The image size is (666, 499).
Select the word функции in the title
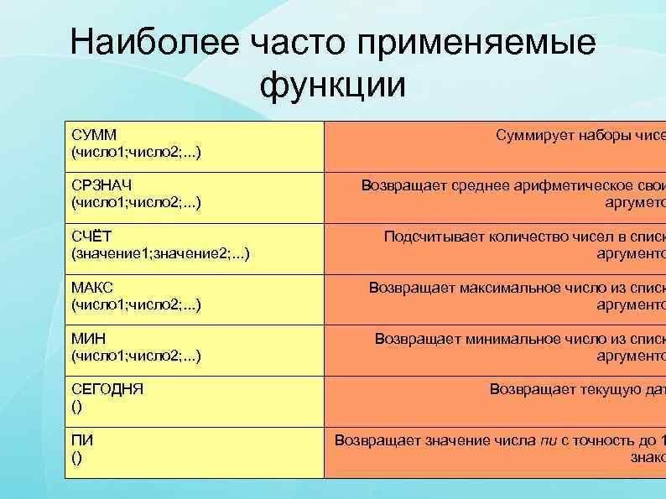click(x=333, y=85)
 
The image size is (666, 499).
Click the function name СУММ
click(x=93, y=135)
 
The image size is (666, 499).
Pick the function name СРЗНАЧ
click(x=101, y=185)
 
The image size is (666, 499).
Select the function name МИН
click(x=90, y=338)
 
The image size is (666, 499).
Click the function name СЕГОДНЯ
click(x=107, y=389)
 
